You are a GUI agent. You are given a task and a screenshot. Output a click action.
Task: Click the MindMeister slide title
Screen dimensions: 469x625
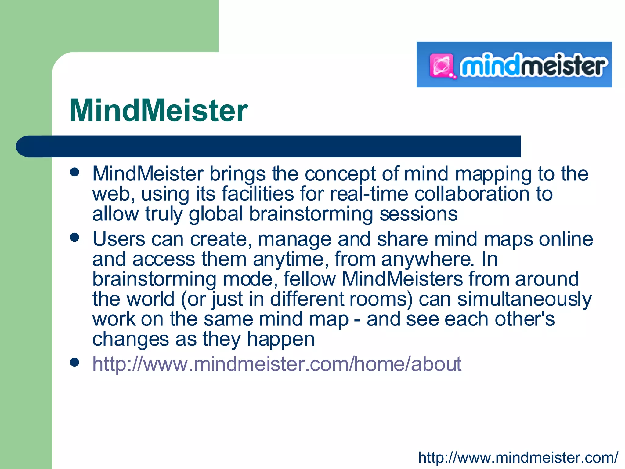point(158,111)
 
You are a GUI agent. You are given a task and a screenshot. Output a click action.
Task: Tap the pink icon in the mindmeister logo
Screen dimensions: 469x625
point(441,65)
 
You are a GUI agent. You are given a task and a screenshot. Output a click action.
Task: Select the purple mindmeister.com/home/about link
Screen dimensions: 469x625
point(276,364)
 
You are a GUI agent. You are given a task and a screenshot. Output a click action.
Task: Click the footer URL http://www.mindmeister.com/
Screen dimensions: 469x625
point(518,457)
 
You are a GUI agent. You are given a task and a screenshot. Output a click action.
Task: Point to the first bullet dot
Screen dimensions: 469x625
point(74,172)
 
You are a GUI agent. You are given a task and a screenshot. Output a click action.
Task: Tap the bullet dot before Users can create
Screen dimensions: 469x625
point(74,237)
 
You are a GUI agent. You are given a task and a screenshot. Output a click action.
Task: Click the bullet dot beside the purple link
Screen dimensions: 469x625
point(74,362)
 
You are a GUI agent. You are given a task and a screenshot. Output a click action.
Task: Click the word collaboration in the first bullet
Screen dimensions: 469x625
point(472,194)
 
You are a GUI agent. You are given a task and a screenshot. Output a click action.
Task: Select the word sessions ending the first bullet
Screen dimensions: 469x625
point(418,214)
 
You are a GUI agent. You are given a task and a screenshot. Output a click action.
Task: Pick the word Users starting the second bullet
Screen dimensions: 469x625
point(119,239)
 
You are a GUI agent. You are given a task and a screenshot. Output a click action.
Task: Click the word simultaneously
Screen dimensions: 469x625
point(524,299)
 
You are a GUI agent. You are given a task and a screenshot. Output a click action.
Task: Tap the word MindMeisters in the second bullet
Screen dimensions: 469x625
point(402,279)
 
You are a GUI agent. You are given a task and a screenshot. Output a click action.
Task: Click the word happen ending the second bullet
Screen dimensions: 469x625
point(280,339)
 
